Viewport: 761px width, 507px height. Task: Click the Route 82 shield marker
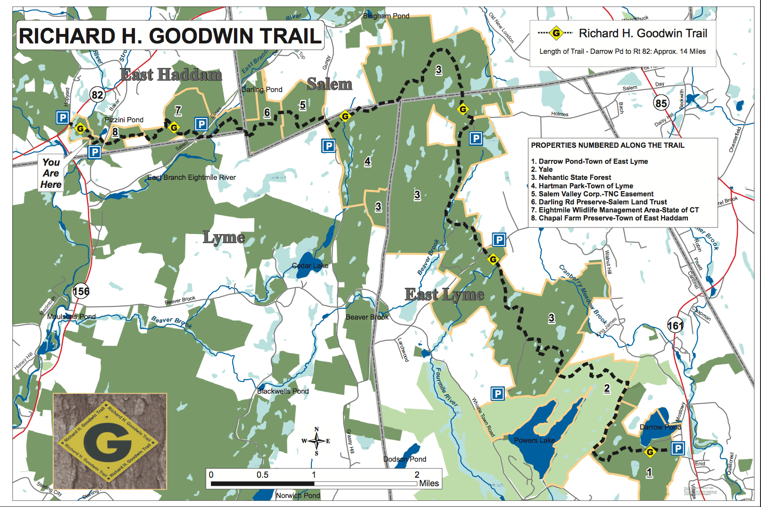[x=98, y=95]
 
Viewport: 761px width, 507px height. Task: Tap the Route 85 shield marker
[x=661, y=103]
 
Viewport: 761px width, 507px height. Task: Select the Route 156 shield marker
[x=81, y=291]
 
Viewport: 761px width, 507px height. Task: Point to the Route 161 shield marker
[x=675, y=326]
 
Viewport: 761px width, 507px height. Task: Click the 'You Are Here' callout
[x=51, y=173]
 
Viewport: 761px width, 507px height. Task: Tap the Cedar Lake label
[x=310, y=266]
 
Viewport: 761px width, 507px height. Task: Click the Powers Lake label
[x=534, y=440]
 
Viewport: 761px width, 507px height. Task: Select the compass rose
[x=316, y=441]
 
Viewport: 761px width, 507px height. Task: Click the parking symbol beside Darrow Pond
[x=677, y=448]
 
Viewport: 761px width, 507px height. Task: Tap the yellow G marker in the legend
[x=556, y=33]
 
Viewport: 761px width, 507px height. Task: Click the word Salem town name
[x=329, y=84]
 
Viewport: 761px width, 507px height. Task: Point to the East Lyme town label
[x=444, y=295]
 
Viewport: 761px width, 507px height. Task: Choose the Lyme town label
[x=224, y=237]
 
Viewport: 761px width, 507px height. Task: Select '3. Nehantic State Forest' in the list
[x=571, y=177]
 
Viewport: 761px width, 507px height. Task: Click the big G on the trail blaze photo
[x=107, y=441]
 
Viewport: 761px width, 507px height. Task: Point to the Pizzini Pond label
[x=124, y=120]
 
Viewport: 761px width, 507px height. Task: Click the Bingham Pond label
[x=386, y=16]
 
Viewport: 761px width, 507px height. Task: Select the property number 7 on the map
[x=178, y=110]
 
